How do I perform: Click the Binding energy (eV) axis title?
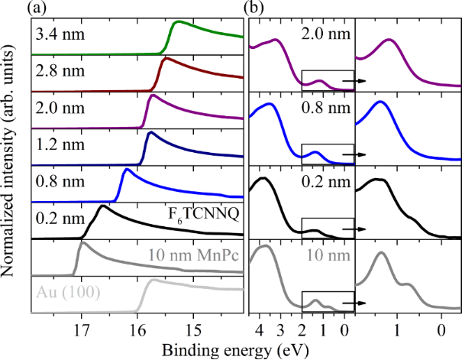point(235,349)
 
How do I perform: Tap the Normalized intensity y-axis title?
point(9,164)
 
